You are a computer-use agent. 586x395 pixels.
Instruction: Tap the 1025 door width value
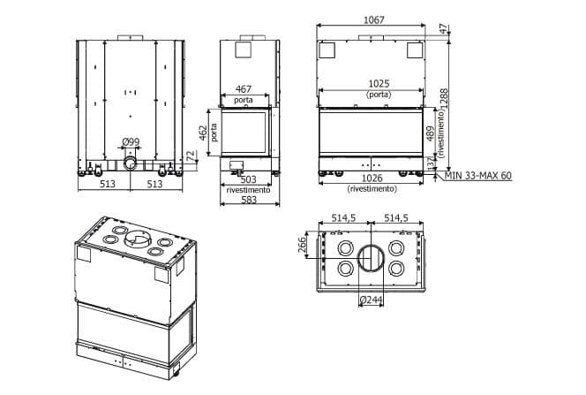click(379, 85)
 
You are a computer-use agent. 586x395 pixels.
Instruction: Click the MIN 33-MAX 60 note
click(479, 175)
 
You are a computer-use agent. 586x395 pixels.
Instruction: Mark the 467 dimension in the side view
click(243, 89)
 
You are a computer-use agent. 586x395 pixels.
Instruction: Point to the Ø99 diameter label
click(131, 141)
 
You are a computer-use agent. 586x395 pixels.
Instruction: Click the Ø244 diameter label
click(370, 300)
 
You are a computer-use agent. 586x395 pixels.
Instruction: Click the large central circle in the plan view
click(370, 257)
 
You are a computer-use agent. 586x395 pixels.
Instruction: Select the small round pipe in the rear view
click(131, 163)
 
